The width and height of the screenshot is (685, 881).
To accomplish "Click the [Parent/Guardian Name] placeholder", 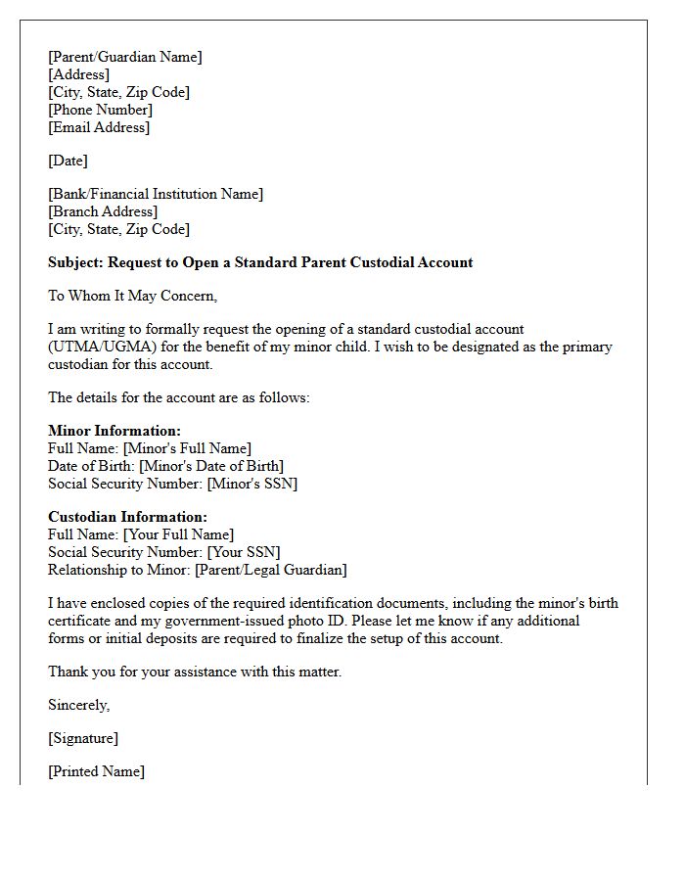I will click(x=125, y=57).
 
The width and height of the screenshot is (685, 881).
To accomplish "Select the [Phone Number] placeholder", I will click(x=100, y=110).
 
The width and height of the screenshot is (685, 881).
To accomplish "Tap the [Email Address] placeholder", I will click(x=99, y=127).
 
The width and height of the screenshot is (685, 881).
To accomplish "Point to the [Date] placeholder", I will click(x=68, y=161).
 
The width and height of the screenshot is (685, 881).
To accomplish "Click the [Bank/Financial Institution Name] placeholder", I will click(x=156, y=194).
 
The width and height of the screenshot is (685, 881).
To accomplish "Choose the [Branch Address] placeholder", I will click(x=103, y=211).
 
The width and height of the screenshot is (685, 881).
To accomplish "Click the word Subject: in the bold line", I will click(x=75, y=262).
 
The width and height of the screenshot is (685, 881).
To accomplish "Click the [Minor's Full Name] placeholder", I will click(x=187, y=448).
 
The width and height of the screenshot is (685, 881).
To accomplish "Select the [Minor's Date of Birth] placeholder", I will click(x=211, y=466).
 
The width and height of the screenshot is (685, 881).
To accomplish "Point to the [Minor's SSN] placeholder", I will click(x=246, y=484).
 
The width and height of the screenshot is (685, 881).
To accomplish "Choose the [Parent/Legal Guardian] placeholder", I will click(x=271, y=570).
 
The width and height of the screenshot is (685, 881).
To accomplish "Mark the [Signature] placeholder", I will click(x=83, y=738).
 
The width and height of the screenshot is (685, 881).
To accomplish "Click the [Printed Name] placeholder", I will click(x=96, y=771).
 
